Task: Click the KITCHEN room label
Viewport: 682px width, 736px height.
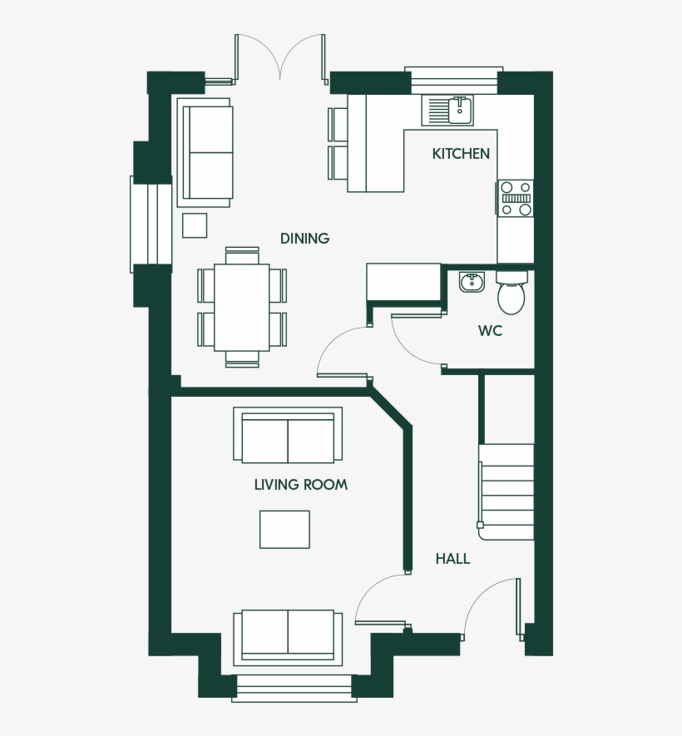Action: pos(460,154)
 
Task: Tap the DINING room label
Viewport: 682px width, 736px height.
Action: pos(304,239)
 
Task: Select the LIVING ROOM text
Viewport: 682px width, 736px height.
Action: pos(300,484)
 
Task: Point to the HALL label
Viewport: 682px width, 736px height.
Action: pos(452,559)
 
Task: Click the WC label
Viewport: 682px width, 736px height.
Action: pos(490,331)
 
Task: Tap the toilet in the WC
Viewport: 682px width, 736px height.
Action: pos(511,293)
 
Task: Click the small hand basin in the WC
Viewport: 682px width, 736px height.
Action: pos(472,282)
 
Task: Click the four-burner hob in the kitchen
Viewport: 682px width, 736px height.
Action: pos(516,199)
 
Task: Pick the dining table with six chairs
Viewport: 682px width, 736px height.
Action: pos(242,307)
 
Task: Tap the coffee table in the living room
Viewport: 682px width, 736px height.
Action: pos(284,529)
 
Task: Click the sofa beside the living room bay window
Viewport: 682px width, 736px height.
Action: pos(288,636)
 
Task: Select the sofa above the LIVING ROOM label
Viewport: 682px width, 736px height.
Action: pos(288,436)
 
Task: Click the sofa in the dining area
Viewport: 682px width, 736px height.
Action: pos(205,152)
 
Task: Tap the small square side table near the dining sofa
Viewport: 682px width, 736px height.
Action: pos(195,225)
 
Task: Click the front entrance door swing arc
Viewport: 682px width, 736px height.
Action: pos(487,603)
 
